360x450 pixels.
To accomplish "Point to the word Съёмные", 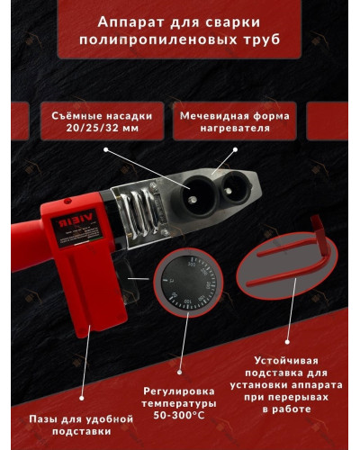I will [x=69, y=116].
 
